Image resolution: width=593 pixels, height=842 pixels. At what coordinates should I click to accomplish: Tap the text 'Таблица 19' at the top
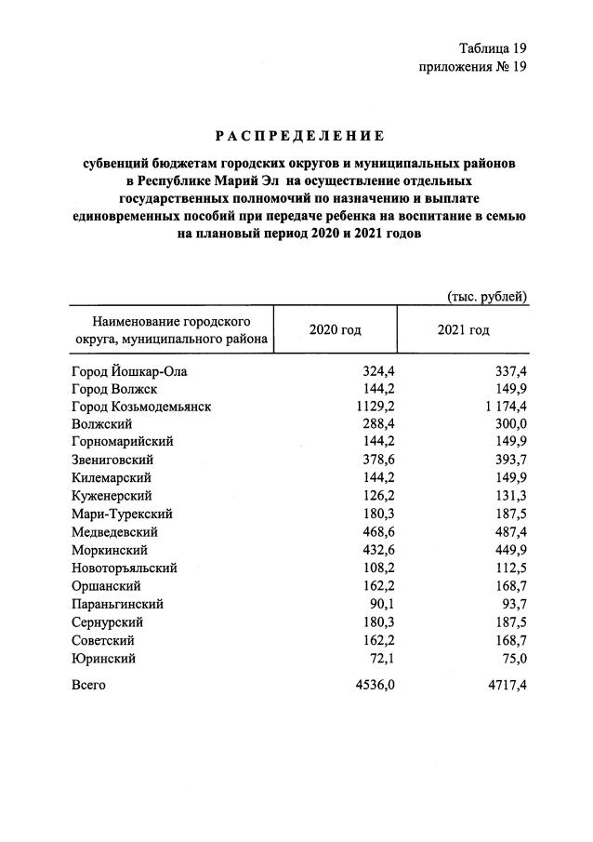[493, 47]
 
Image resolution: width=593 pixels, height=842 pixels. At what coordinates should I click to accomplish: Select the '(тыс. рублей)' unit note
[488, 297]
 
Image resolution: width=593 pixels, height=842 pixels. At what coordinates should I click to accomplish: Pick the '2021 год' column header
[463, 331]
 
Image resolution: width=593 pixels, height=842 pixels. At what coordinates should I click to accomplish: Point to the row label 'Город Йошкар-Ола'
[123, 371]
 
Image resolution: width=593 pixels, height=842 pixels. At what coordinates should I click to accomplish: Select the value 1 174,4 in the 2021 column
[502, 407]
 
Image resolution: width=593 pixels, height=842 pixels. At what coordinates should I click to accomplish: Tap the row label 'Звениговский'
[112, 460]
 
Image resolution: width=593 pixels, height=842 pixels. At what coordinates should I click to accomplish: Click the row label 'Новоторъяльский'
[124, 568]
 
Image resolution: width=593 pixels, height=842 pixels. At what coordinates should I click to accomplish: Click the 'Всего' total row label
[89, 685]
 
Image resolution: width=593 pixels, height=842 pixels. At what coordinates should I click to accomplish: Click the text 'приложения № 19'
[474, 67]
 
